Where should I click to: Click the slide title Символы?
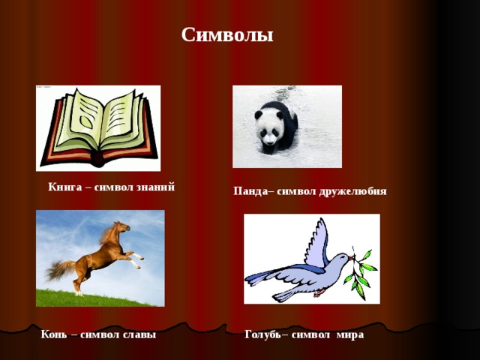pos(227,35)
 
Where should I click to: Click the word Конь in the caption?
pos(55,334)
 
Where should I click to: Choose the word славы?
pos(139,334)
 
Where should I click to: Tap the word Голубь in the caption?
pos(262,334)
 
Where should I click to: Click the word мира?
pos(350,334)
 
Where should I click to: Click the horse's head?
pos(121,226)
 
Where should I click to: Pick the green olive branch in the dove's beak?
pos(362,270)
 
